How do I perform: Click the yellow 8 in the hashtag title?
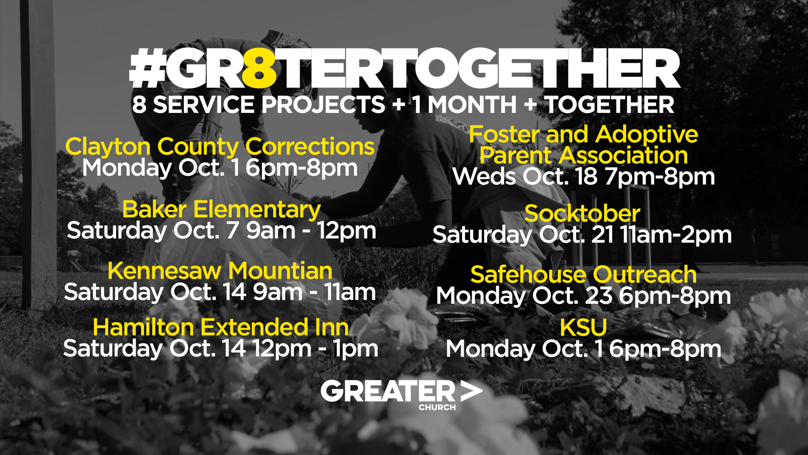point(260,68)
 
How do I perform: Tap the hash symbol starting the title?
point(147,68)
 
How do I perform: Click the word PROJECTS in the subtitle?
point(323,104)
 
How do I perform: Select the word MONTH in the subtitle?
point(472,104)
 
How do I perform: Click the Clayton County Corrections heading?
point(220,147)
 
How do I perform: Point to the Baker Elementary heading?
point(221,210)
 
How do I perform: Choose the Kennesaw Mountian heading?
point(220,270)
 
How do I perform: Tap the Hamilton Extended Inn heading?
point(221,327)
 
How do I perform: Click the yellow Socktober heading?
point(582,214)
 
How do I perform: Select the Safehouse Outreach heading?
point(583,275)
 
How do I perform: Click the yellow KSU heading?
point(583,327)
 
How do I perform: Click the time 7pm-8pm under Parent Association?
point(660,177)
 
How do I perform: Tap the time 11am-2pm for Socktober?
point(676,235)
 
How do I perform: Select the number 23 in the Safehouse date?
point(598,296)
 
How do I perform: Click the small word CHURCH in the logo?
point(437,407)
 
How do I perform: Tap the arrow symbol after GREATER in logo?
point(471,391)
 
